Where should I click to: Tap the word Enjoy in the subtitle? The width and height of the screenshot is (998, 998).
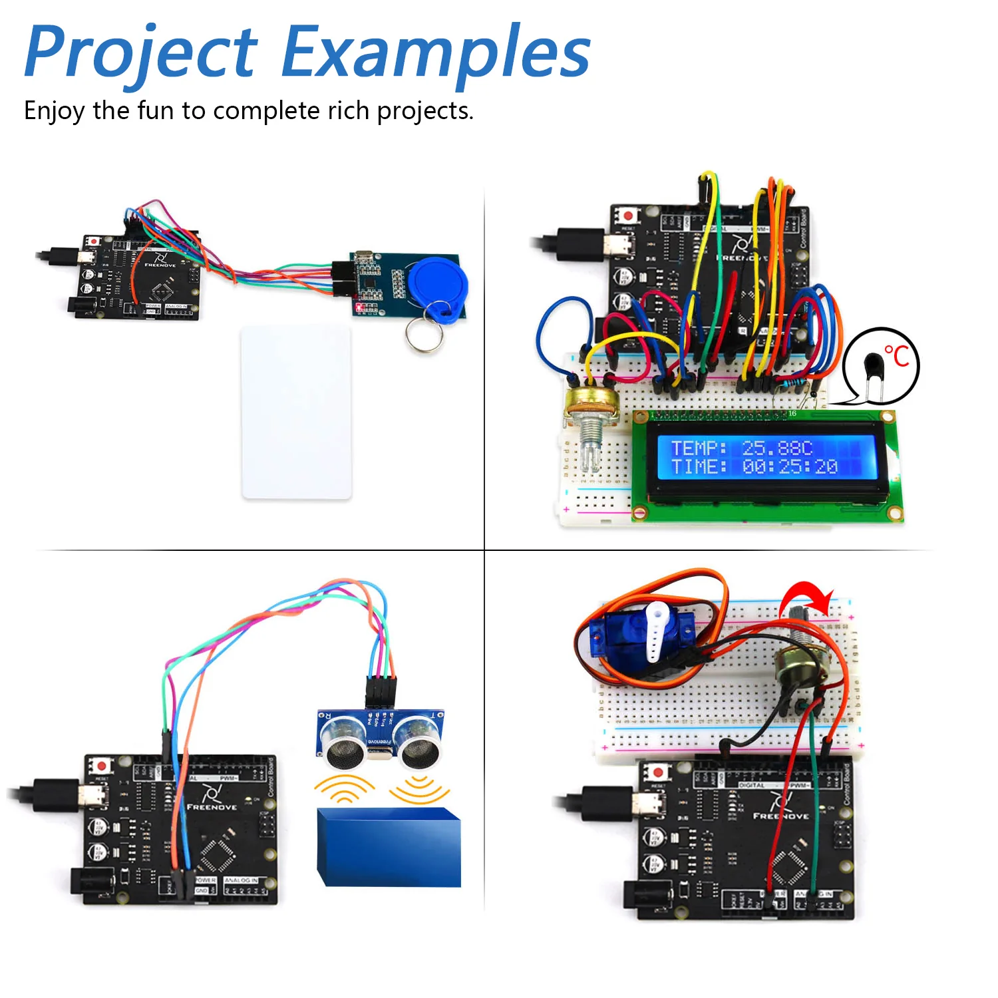click(54, 111)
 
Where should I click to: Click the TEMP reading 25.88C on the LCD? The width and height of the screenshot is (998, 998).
click(776, 448)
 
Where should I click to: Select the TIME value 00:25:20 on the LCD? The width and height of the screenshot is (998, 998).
click(790, 467)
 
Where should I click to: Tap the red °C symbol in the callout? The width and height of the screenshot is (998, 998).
click(897, 356)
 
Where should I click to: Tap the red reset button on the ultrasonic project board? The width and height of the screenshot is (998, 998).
click(101, 766)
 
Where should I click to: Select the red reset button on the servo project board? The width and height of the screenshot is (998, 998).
click(658, 772)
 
